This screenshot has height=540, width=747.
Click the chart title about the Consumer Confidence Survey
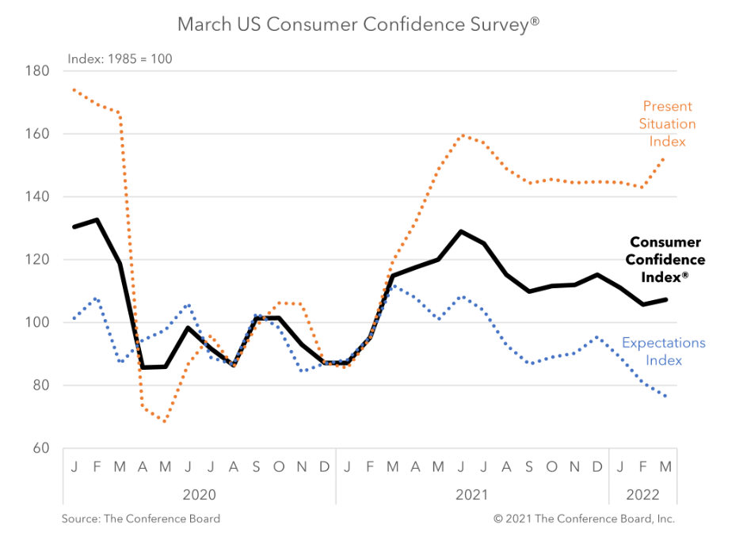[358, 24]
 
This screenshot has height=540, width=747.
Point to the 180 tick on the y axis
[39, 71]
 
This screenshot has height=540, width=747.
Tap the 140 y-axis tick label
[39, 196]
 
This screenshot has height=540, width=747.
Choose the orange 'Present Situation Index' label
[668, 124]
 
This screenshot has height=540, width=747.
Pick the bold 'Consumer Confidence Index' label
[665, 260]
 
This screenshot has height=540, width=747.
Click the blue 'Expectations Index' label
[663, 352]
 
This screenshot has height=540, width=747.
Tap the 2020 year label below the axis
[199, 495]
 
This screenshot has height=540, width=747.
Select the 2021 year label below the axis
[471, 495]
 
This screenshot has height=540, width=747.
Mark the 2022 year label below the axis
[642, 495]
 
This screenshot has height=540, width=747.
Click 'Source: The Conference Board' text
[141, 519]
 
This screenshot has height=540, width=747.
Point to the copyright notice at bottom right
[584, 519]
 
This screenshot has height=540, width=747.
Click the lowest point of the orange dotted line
[165, 421]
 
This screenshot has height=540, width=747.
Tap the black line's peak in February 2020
[97, 219]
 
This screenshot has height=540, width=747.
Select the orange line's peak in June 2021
[461, 135]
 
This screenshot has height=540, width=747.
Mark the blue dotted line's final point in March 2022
[665, 396]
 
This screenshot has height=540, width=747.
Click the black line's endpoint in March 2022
[665, 299]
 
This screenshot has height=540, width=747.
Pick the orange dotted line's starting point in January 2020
[74, 89]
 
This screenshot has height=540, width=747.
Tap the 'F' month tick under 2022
[643, 467]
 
